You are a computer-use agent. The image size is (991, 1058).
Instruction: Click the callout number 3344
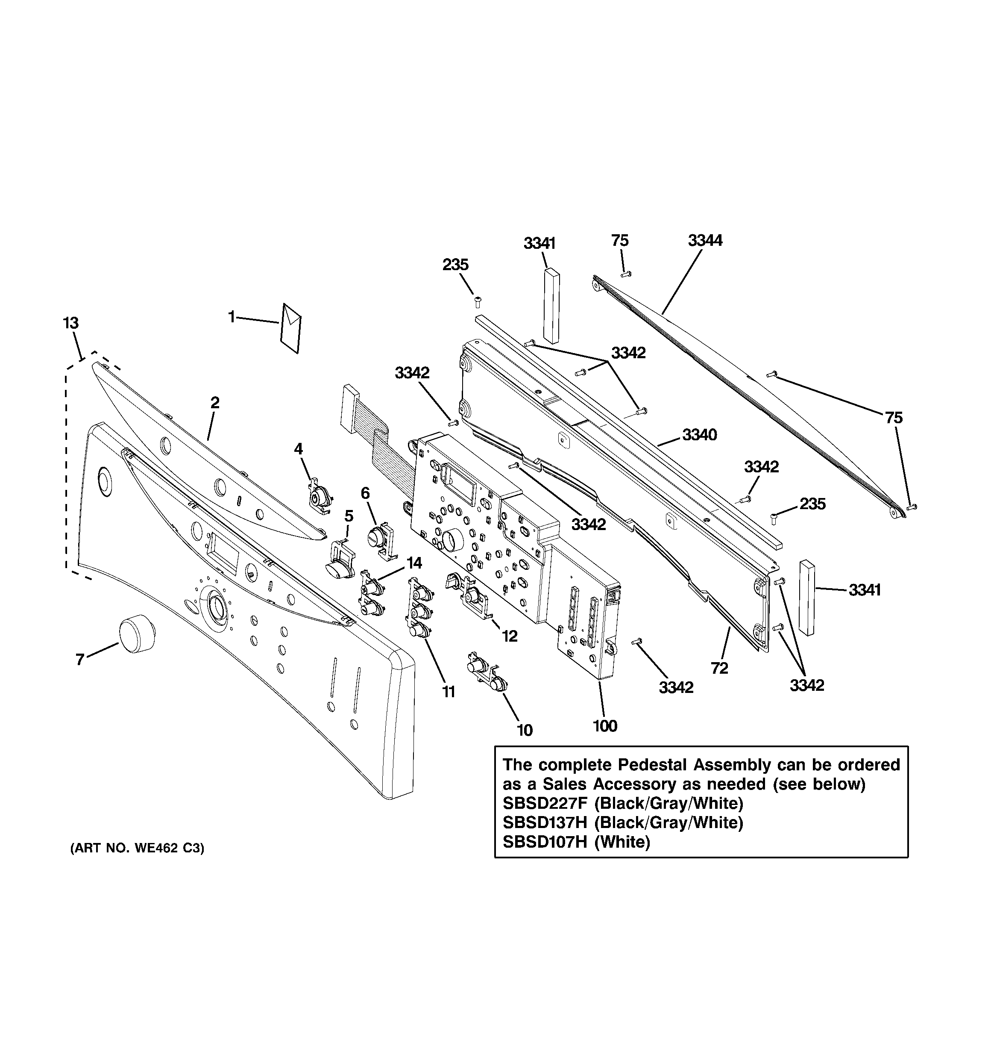pos(705,241)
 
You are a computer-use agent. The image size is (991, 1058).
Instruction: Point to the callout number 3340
pos(700,435)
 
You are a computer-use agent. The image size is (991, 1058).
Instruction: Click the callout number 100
pos(605,726)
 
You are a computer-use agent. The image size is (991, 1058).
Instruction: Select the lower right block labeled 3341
pos(806,598)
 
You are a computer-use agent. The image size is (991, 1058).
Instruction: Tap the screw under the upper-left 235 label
pos(477,302)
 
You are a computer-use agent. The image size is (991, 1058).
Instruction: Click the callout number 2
pos(214,403)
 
